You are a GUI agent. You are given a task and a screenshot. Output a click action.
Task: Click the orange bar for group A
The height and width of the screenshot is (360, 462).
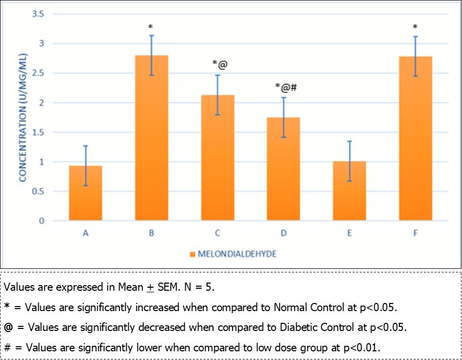coord(85,193)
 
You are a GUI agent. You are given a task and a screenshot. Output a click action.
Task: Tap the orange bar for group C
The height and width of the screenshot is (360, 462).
coord(217,158)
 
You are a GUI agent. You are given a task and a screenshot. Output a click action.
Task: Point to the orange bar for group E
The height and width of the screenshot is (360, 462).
coord(349,191)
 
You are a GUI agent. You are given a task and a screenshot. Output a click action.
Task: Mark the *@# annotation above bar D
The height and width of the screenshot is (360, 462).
coord(285,88)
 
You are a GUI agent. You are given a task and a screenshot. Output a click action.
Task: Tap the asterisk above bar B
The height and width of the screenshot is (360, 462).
coord(151,26)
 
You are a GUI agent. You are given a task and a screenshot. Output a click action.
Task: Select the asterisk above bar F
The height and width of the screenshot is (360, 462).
coord(415,26)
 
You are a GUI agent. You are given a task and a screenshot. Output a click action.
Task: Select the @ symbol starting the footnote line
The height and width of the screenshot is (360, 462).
coord(9,327)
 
